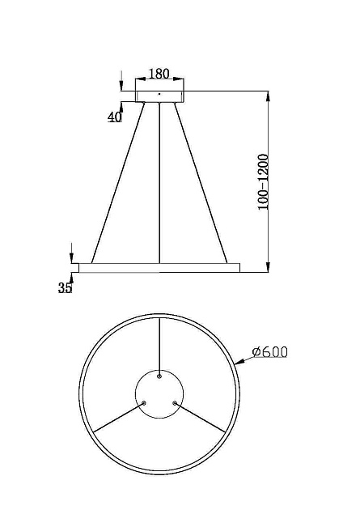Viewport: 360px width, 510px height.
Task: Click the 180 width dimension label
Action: pyautogui.click(x=159, y=74)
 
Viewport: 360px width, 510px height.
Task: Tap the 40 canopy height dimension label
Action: pyautogui.click(x=114, y=117)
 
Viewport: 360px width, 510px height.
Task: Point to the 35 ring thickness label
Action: pyautogui.click(x=65, y=287)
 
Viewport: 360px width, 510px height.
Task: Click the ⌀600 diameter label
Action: pyautogui.click(x=270, y=352)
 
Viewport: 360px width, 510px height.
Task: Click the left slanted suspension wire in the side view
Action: pyautogui.click(x=120, y=185)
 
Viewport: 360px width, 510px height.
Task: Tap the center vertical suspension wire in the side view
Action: pyautogui.click(x=159, y=185)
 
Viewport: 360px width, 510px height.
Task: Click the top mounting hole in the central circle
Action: pyautogui.click(x=159, y=376)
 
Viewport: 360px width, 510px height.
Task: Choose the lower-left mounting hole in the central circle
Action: pyautogui.click(x=144, y=402)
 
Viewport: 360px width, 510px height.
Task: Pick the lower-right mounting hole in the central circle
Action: pyautogui.click(x=174, y=402)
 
